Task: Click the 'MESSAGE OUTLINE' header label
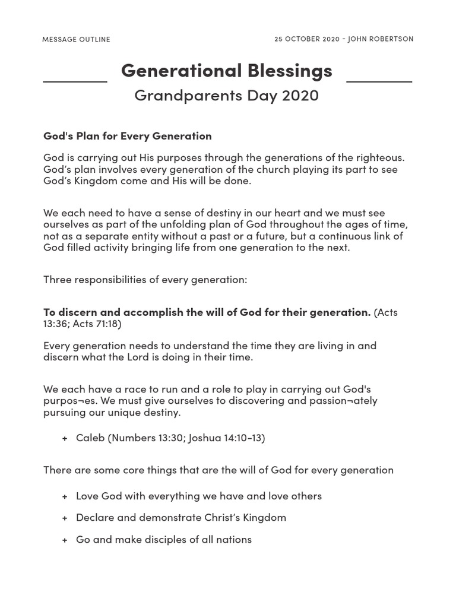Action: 76,39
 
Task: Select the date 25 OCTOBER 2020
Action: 306,39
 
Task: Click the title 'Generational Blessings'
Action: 226,71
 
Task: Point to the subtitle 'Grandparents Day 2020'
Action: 226,95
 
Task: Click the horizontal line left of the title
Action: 75,81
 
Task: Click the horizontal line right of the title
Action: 379,81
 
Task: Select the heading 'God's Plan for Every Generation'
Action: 127,136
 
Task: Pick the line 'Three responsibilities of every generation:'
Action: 145,279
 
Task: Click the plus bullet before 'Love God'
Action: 64,496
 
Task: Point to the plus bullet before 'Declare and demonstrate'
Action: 64,518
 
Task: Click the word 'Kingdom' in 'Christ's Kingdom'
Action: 264,518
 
